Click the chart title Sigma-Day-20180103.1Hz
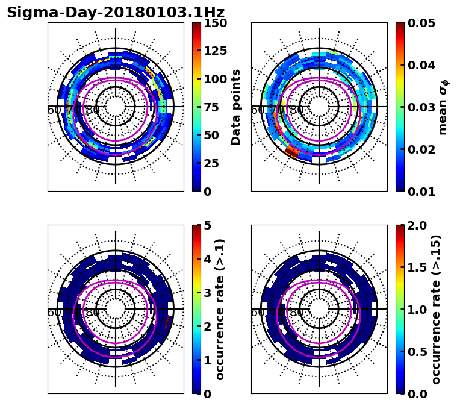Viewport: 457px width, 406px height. coord(116,13)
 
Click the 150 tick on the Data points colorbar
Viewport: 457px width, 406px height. coord(215,23)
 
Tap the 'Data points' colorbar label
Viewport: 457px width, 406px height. coord(236,107)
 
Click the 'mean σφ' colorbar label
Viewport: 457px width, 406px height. coord(443,107)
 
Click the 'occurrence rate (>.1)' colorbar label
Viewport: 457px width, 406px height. coord(220,310)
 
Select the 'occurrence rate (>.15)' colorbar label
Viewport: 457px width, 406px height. coord(436,310)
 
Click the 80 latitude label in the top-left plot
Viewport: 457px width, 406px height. coord(93,110)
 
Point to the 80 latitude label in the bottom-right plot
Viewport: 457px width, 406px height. coord(296,313)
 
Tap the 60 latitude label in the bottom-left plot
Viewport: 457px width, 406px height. coord(54,313)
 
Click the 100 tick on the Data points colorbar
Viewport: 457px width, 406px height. coord(215,80)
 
